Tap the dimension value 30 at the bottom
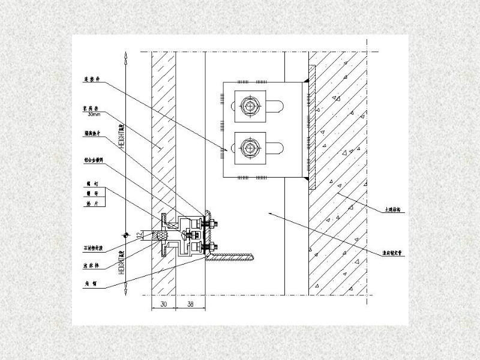[x=163, y=305]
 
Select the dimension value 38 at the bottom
[x=190, y=305]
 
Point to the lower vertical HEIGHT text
[x=122, y=263]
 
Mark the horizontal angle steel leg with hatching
[x=234, y=257]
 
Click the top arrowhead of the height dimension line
[x=125, y=56]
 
